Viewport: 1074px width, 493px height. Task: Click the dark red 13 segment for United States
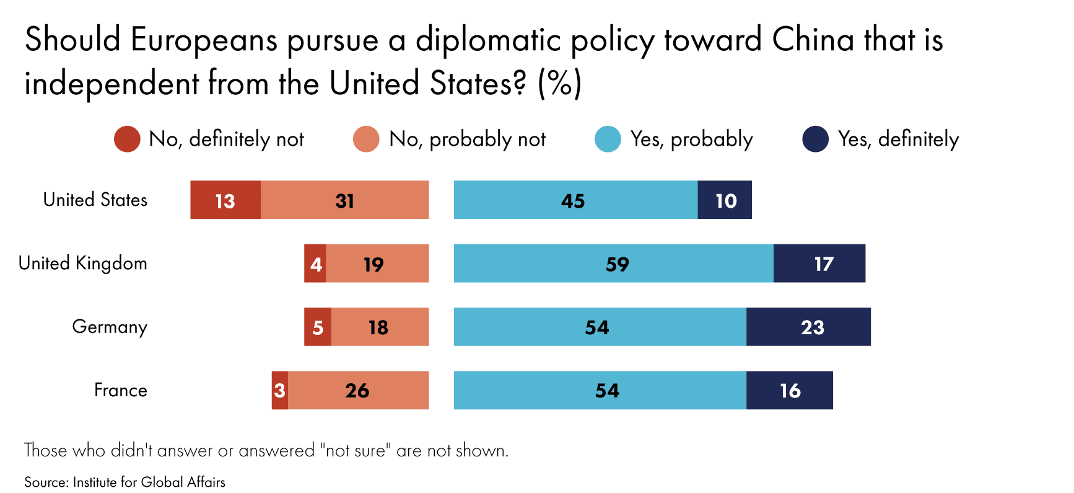coord(225,200)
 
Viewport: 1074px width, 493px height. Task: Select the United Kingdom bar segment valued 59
coord(613,264)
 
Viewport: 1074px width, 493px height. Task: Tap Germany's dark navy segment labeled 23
coord(808,327)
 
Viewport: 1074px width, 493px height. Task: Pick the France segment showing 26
coord(358,390)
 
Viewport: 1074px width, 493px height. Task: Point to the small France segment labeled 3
coord(280,390)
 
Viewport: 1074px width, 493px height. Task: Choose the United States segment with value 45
coord(575,200)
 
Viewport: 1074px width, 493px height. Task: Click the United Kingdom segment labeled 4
coord(315,264)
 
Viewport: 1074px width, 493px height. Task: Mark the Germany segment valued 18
coord(380,327)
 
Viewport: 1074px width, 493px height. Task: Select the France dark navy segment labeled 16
coord(790,390)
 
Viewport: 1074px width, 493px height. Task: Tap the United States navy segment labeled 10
coord(725,200)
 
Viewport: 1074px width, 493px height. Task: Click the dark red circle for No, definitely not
coord(127,139)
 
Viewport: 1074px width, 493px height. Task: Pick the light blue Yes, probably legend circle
coord(608,139)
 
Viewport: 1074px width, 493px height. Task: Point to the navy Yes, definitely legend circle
coord(815,139)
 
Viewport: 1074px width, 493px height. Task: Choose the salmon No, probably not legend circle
coord(366,139)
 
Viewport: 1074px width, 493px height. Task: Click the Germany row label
coord(110,326)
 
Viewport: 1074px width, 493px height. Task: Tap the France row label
coord(121,390)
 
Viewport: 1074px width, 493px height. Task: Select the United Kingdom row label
coord(83,263)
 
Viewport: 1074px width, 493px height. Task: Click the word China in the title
coord(814,40)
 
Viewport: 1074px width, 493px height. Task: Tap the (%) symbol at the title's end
coord(559,83)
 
